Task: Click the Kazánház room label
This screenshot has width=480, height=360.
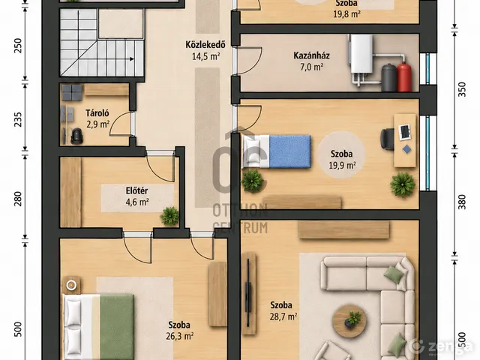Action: [x=311, y=55]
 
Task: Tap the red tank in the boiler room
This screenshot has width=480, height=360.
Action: [x=404, y=76]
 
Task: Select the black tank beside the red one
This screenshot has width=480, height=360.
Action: [x=389, y=77]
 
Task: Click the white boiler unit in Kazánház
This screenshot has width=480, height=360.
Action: [x=361, y=54]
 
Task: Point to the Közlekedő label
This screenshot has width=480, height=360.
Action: [x=205, y=44]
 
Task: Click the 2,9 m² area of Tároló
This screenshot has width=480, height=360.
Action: [x=97, y=124]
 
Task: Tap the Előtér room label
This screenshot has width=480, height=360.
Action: [x=136, y=190]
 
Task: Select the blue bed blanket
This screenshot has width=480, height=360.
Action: [x=289, y=151]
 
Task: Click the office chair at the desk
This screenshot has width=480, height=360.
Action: [x=387, y=139]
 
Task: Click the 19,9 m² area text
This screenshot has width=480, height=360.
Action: [x=342, y=165]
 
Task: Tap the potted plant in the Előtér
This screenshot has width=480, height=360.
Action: [x=169, y=216]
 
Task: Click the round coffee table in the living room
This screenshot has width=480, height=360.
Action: [x=349, y=321]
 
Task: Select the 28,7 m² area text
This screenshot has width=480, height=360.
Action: [x=283, y=316]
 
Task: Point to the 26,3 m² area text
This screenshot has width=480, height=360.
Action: [x=180, y=336]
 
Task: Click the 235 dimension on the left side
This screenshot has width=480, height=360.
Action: [x=18, y=119]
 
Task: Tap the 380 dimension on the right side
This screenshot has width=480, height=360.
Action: [x=462, y=202]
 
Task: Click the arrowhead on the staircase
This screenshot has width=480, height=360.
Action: [x=132, y=58]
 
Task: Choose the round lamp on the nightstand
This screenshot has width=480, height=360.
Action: [x=71, y=285]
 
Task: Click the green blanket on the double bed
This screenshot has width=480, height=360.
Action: [x=117, y=327]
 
